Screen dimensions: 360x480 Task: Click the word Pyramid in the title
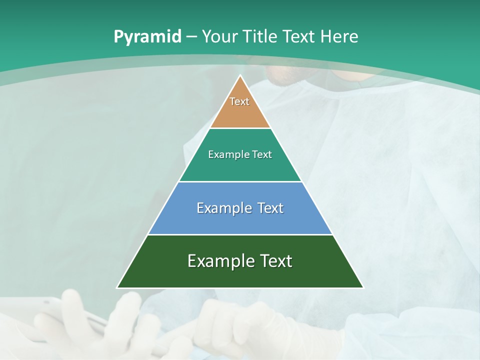147,37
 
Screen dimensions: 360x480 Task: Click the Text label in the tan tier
239,101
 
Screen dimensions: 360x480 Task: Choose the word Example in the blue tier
224,208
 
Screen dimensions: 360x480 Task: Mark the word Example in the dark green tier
218,261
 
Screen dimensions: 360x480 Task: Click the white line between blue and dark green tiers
240,234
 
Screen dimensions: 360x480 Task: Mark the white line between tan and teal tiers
240,128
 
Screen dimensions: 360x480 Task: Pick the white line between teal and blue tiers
240,181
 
